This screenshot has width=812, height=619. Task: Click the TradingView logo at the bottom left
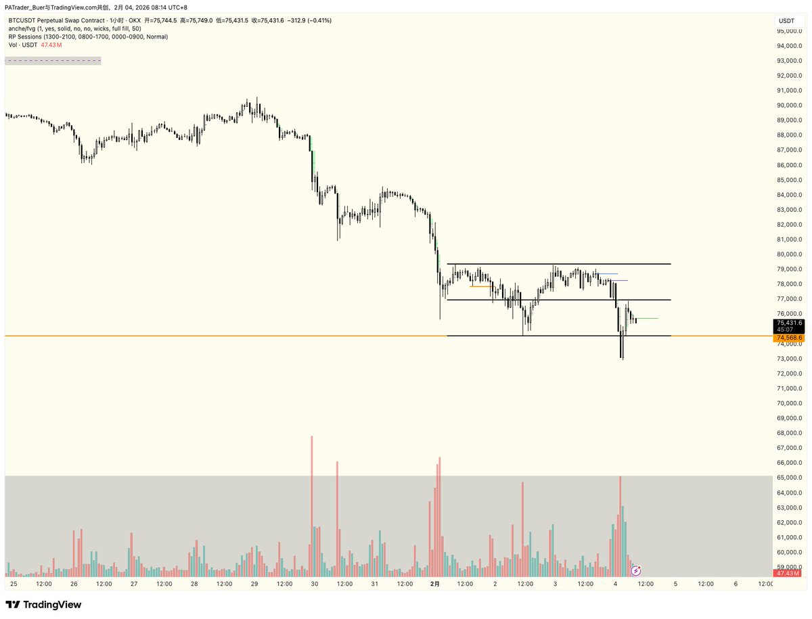pyautogui.click(x=43, y=604)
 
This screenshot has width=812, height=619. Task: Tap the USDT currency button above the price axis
pyautogui.click(x=786, y=21)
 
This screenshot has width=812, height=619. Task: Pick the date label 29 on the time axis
pyautogui.click(x=254, y=584)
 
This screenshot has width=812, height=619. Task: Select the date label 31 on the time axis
pyautogui.click(x=374, y=584)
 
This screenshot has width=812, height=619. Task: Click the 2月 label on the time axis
pyautogui.click(x=436, y=584)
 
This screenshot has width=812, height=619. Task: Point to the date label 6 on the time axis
pyautogui.click(x=736, y=584)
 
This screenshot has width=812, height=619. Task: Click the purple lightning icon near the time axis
pyautogui.click(x=636, y=571)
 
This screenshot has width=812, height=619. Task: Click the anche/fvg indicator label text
pyautogui.click(x=74, y=28)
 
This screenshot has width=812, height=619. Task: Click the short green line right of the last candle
pyautogui.click(x=648, y=318)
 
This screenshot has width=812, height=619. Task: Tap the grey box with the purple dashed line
pyautogui.click(x=53, y=61)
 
